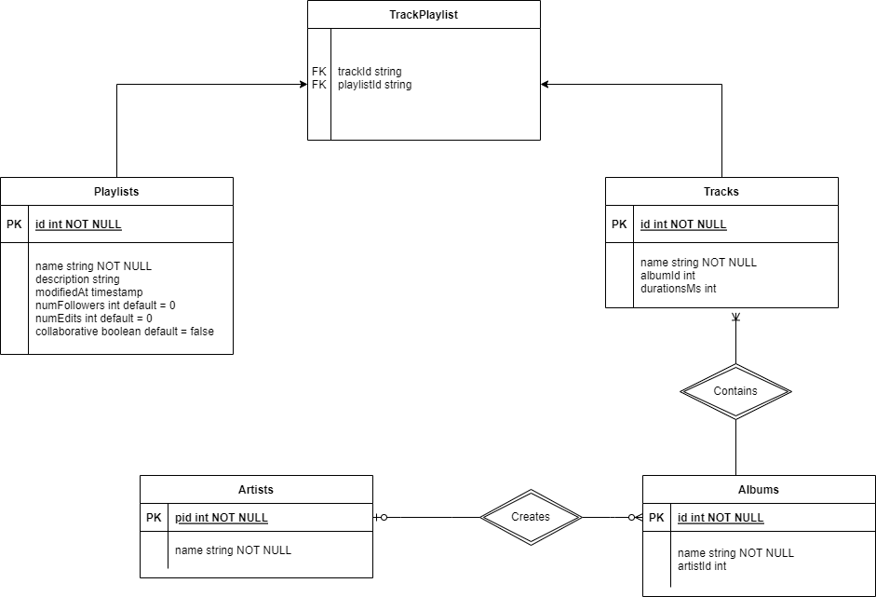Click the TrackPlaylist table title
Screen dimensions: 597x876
424,14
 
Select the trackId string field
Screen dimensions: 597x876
370,71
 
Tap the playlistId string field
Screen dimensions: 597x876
374,85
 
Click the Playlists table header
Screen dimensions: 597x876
116,191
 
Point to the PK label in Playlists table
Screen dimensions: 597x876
14,224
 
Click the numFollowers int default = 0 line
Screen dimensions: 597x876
105,305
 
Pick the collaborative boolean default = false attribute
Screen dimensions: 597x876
125,331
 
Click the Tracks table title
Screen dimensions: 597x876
721,191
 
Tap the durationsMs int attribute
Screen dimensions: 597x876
678,289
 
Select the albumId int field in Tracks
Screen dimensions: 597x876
667,276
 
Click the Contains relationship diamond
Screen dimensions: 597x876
735,391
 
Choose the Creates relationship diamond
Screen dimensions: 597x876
531,517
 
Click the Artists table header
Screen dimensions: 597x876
256,489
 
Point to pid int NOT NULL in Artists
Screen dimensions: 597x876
222,518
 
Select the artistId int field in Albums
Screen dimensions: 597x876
702,565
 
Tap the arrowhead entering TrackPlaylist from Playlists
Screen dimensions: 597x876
303,85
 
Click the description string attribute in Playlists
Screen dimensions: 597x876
77,278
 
